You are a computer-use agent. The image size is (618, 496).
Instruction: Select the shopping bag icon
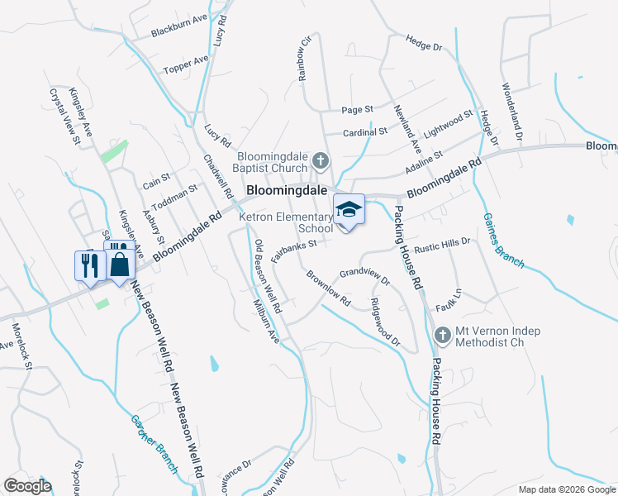coord(120,265)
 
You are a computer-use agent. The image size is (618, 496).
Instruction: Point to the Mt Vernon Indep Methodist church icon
coord(442,335)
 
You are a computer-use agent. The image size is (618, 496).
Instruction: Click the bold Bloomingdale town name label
coord(290,190)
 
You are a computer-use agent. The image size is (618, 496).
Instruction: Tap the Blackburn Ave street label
coord(178,27)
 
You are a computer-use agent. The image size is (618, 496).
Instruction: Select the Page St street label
coord(358,109)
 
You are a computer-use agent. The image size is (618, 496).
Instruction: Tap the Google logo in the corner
coord(27,485)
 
